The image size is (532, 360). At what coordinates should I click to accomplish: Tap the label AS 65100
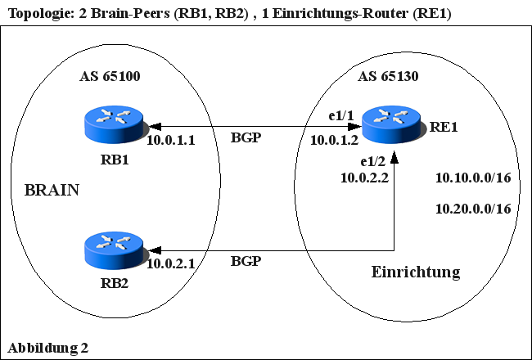pyautogui.click(x=110, y=78)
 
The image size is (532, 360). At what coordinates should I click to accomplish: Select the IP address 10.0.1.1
pyautogui.click(x=170, y=141)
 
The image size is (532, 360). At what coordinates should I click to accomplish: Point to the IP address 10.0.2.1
pyautogui.click(x=170, y=263)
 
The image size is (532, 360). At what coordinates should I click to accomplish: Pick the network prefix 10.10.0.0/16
pyautogui.click(x=473, y=178)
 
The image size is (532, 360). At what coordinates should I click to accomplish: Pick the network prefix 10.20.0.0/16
pyautogui.click(x=473, y=209)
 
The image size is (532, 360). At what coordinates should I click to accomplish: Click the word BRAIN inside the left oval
pyautogui.click(x=52, y=191)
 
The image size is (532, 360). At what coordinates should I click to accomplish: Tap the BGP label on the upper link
pyautogui.click(x=246, y=137)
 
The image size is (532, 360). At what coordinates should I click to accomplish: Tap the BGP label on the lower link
pyautogui.click(x=246, y=262)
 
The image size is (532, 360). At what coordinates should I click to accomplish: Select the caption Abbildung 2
pyautogui.click(x=47, y=348)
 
